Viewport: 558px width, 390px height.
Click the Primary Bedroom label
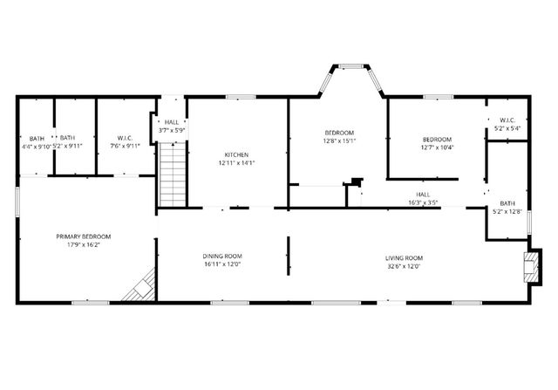click(84, 236)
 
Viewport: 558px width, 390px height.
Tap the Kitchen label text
click(236, 154)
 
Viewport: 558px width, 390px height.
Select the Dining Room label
click(221, 257)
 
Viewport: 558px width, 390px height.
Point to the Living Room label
click(404, 257)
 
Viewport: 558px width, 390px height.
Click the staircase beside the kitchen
click(173, 175)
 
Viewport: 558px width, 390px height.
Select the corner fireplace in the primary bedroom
click(140, 285)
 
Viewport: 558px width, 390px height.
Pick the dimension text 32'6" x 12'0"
click(404, 266)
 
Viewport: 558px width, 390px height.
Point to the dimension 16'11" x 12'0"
click(221, 264)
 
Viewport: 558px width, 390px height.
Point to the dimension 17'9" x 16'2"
click(84, 245)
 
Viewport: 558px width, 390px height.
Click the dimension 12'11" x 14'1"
click(236, 162)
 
